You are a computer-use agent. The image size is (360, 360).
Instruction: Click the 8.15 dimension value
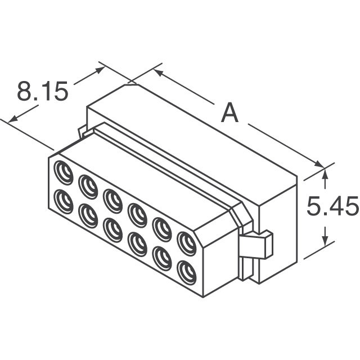pyautogui.click(x=42, y=92)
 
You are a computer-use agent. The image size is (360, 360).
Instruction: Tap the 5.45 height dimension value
pyautogui.click(x=332, y=208)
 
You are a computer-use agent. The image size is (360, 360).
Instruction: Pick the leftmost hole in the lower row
pyautogui.click(x=63, y=201)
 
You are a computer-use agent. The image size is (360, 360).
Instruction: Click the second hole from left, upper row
pyautogui.click(x=88, y=184)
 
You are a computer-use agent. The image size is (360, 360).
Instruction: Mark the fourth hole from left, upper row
pyautogui.click(x=137, y=214)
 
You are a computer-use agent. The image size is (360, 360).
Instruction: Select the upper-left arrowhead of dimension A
pyautogui.click(x=158, y=73)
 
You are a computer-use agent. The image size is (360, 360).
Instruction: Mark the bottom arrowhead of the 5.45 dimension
pyautogui.click(x=325, y=242)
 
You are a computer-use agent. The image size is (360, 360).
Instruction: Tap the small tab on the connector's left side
pyautogui.click(x=82, y=133)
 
